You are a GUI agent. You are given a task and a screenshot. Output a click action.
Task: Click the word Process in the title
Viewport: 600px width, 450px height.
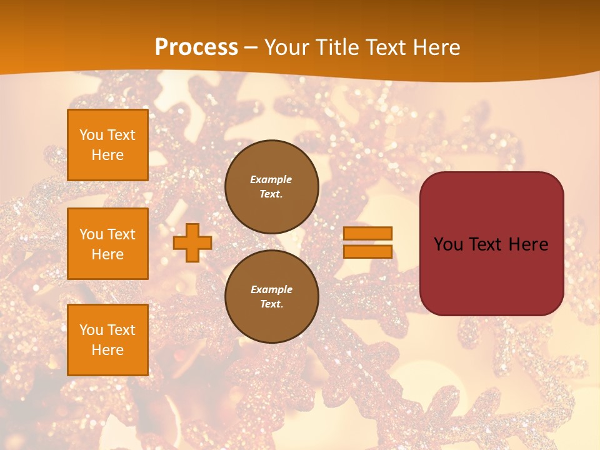coord(196,47)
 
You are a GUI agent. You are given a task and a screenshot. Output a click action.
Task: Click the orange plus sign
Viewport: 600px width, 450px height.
coord(192,242)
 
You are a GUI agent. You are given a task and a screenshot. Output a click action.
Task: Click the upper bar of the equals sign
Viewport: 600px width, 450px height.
coord(368,233)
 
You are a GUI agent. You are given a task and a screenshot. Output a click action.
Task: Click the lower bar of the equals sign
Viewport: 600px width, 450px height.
coord(368,251)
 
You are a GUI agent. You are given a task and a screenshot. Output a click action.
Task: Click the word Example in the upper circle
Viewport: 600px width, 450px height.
coord(271,179)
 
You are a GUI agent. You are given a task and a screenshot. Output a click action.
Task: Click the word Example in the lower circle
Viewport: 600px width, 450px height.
coord(271,289)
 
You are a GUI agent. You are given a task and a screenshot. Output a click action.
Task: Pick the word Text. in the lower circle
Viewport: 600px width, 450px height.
coord(271,304)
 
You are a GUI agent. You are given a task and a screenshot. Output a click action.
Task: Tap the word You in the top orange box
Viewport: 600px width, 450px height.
coord(91,135)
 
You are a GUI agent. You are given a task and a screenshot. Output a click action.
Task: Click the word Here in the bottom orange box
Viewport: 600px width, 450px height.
coord(107,350)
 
